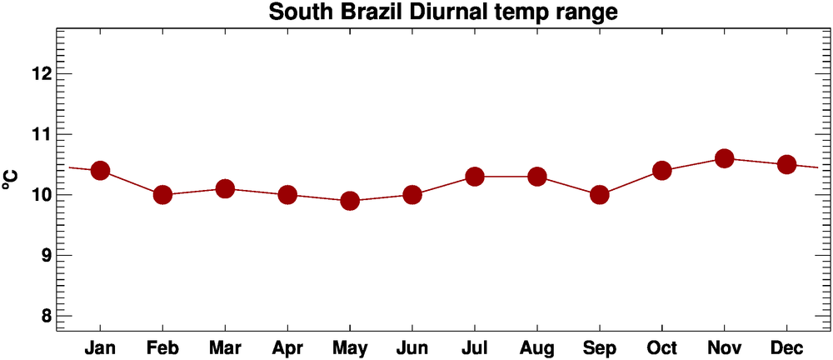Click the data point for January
pyautogui.click(x=100, y=171)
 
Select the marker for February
pyautogui.click(x=162, y=195)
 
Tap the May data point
pyautogui.click(x=350, y=201)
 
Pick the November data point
pyautogui.click(x=724, y=158)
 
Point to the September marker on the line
pyautogui.click(x=599, y=195)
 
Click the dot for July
pyautogui.click(x=475, y=177)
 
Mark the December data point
pyautogui.click(x=786, y=164)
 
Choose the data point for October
pyautogui.click(x=662, y=171)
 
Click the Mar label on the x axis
pyautogui.click(x=225, y=347)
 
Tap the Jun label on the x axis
pyautogui.click(x=412, y=347)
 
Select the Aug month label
pyautogui.click(x=537, y=347)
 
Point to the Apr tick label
pyautogui.click(x=287, y=347)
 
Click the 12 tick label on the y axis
pyautogui.click(x=39, y=73)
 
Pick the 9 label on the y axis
pyautogui.click(x=43, y=256)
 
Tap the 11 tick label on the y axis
pyautogui.click(x=39, y=134)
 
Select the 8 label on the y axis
pyautogui.click(x=43, y=317)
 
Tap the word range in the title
pyautogui.click(x=586, y=13)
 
